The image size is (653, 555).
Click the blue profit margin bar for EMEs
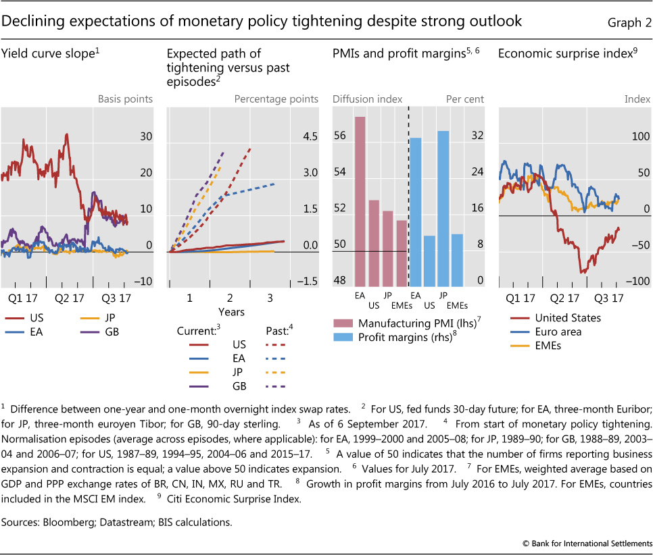(x=458, y=261)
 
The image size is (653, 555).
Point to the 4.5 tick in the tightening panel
(x=310, y=136)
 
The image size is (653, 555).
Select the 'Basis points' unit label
(x=126, y=99)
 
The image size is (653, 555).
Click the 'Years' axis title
(x=231, y=312)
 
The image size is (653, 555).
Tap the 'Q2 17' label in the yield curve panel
(x=69, y=297)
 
